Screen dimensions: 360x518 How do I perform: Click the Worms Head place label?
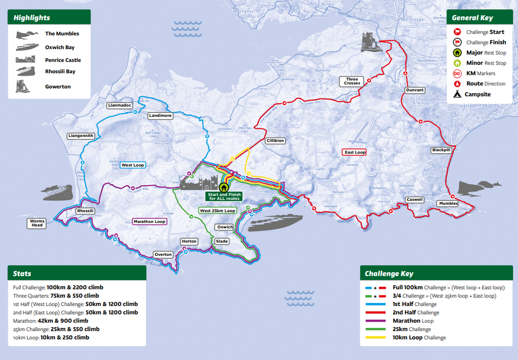(37, 223)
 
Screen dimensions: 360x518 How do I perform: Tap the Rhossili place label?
(85, 211)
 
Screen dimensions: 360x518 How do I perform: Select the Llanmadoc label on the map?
(119, 106)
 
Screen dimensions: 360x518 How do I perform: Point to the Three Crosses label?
(352, 81)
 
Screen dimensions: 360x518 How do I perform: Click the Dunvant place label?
(414, 90)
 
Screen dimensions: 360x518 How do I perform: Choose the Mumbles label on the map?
(448, 203)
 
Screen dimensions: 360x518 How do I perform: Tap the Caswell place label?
(414, 200)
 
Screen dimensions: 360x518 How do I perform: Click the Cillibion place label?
(275, 141)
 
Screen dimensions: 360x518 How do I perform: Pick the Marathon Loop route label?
(149, 221)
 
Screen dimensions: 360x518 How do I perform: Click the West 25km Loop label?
(218, 210)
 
